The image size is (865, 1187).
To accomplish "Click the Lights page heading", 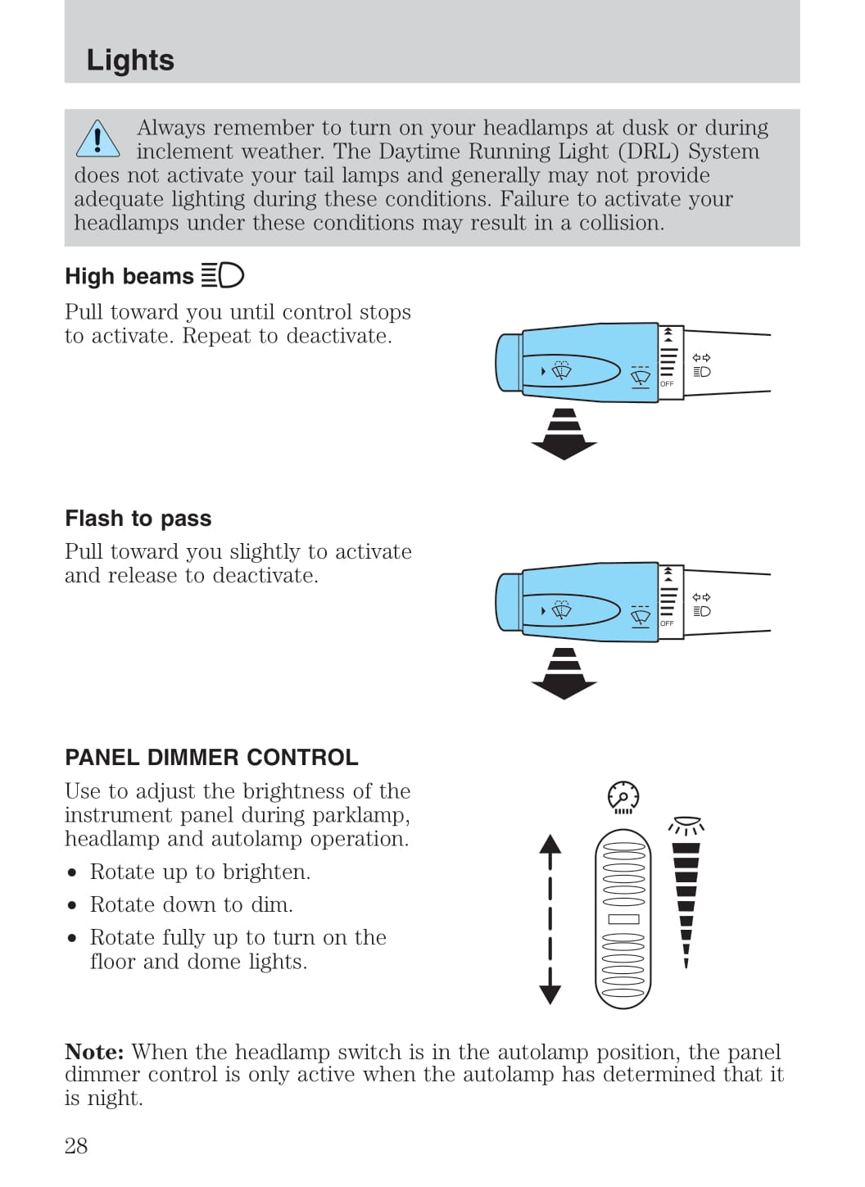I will click(x=130, y=60).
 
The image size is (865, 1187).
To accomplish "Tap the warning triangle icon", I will click(x=97, y=139).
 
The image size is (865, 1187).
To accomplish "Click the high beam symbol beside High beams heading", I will click(x=223, y=275).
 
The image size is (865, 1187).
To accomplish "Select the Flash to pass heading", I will click(x=138, y=519).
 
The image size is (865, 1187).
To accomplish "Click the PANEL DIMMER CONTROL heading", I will click(x=211, y=757).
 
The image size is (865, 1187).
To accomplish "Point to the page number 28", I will click(x=76, y=1145).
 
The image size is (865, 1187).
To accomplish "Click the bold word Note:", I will click(x=94, y=1052).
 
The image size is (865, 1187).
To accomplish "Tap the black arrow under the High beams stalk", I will click(x=564, y=435).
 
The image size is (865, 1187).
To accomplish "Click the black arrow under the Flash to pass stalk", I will click(x=564, y=674).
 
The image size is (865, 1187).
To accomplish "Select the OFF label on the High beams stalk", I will click(x=667, y=383).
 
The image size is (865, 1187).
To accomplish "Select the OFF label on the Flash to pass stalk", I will click(x=667, y=623).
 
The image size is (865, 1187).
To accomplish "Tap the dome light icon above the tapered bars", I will click(x=686, y=825).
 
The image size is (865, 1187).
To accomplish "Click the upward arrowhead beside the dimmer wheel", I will click(x=550, y=845).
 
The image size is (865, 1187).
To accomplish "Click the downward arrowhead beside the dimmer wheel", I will click(x=550, y=994).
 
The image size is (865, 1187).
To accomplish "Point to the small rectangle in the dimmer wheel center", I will click(x=623, y=919).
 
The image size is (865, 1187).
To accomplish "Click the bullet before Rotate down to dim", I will click(x=73, y=905).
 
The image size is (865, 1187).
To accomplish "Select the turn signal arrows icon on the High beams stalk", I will click(x=701, y=358).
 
